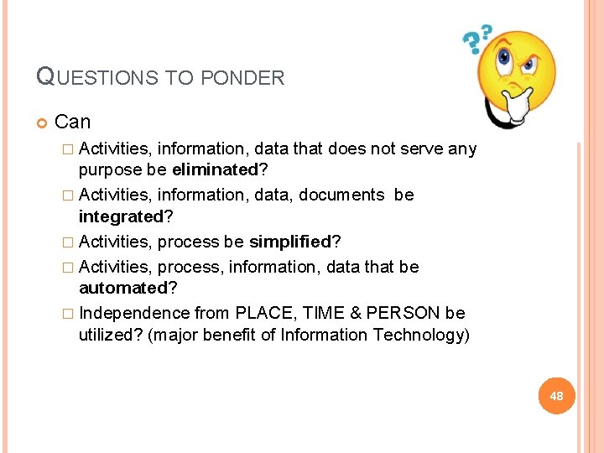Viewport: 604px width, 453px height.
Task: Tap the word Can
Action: click(x=72, y=122)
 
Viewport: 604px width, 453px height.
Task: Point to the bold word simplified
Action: click(x=290, y=242)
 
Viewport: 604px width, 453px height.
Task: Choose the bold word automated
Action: click(x=123, y=288)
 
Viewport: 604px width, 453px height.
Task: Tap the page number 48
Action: click(x=555, y=396)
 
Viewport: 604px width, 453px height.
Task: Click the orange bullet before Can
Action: click(x=43, y=123)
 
